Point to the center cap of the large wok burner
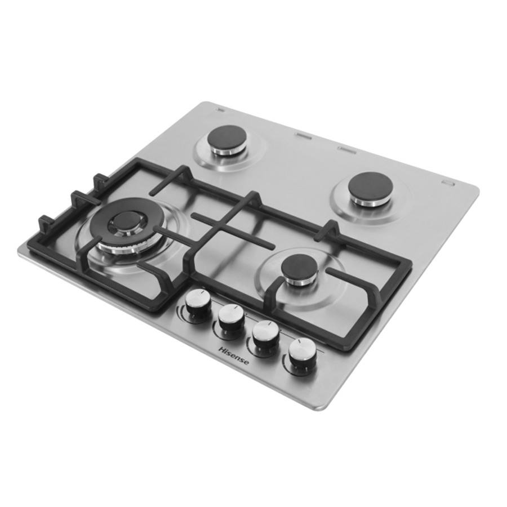124,222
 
